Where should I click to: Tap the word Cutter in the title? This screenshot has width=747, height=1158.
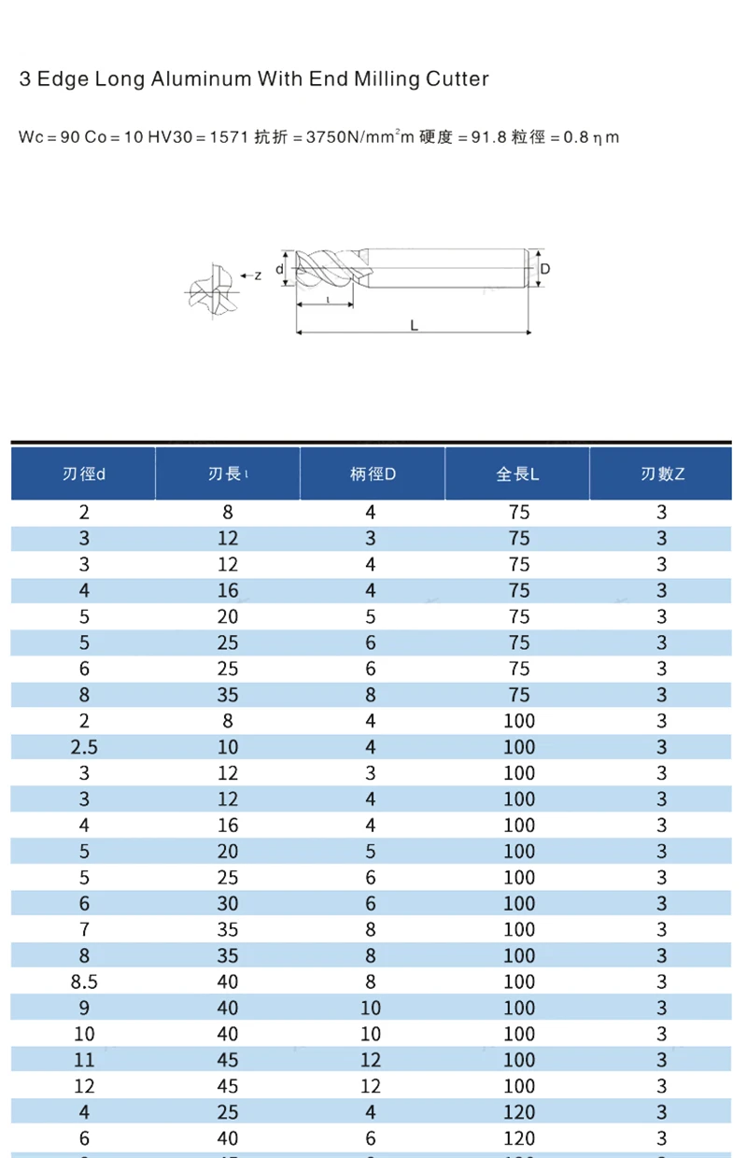[457, 79]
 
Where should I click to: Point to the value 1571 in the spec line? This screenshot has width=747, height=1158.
[228, 137]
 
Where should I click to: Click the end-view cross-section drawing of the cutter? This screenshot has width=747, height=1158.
[211, 288]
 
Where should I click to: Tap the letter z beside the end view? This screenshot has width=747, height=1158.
[258, 275]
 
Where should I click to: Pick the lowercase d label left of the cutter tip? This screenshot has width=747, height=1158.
[280, 270]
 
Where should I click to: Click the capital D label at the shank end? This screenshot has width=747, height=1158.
[545, 269]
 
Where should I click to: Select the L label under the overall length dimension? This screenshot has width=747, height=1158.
[414, 325]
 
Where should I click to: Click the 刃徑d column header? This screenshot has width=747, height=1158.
[83, 473]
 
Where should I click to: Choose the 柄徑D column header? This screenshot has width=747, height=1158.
[373, 473]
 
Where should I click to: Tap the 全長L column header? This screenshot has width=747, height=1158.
[517, 473]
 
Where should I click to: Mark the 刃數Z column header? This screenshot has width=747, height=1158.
[662, 473]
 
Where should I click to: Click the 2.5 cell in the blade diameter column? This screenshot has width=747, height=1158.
[84, 747]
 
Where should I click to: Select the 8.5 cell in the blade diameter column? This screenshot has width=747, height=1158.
[84, 981]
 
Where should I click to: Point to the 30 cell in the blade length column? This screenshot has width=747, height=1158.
[228, 903]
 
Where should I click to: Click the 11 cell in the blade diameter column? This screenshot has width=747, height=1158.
[84, 1060]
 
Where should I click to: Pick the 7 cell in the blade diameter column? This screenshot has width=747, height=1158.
[84, 929]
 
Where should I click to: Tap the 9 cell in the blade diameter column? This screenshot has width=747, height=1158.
[84, 1008]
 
